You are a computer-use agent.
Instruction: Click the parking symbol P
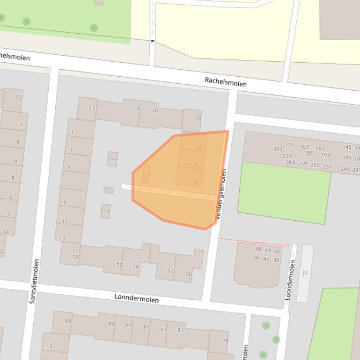point(305,274)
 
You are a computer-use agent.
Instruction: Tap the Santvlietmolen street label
point(34,281)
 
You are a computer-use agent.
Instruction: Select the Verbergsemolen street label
point(221,194)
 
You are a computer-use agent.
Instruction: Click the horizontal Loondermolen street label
point(137,298)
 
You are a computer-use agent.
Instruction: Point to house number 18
point(198,118)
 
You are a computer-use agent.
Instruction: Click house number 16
point(155,110)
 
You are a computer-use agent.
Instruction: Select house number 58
point(75,257)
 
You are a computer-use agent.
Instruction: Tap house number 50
point(189,274)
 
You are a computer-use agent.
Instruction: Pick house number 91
point(67,321)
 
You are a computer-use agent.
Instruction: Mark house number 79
point(225,341)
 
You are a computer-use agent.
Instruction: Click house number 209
point(278,149)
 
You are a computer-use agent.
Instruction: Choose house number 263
point(290,163)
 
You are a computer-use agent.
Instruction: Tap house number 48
point(258,249)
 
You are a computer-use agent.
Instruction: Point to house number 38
point(276,260)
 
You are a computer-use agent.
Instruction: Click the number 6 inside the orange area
point(196,183)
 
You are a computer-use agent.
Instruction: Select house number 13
point(62,238)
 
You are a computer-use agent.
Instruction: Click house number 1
point(73,132)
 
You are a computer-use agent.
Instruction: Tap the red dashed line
point(255,242)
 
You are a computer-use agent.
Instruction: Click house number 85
point(147,327)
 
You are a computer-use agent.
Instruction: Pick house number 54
point(136,266)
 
